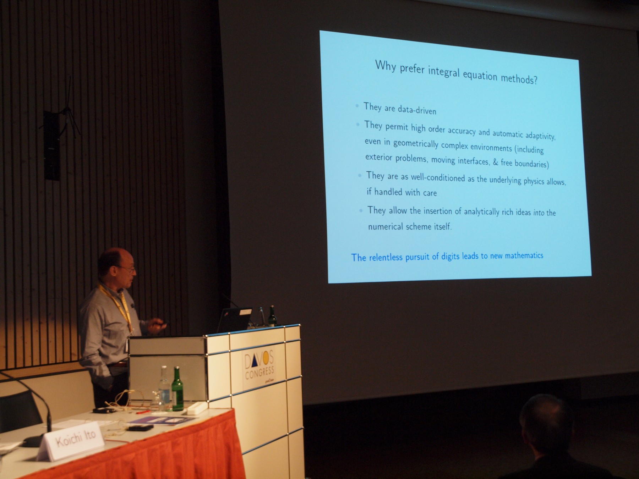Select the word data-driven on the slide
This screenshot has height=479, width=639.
point(417,110)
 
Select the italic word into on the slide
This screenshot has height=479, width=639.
point(539,213)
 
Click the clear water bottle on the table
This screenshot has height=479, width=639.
point(164,388)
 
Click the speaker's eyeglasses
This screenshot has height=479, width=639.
point(129,269)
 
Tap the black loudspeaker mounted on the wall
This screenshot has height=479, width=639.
point(52,145)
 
